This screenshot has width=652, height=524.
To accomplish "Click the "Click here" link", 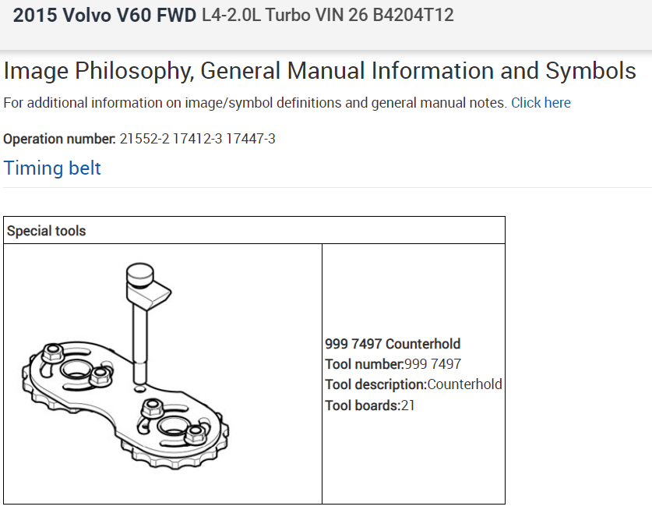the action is (541, 103).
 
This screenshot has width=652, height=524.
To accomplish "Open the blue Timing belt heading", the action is (52, 168).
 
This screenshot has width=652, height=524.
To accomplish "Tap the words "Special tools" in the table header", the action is (46, 231).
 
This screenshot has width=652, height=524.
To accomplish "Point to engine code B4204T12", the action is (415, 15).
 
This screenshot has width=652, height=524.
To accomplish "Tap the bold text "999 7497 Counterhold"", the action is (393, 344).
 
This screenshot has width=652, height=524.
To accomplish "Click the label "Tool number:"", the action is (365, 364).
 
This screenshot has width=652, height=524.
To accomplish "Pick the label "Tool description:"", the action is (375, 384).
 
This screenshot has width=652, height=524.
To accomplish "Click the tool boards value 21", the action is (408, 405).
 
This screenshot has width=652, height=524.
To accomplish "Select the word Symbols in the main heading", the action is (591, 71).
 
